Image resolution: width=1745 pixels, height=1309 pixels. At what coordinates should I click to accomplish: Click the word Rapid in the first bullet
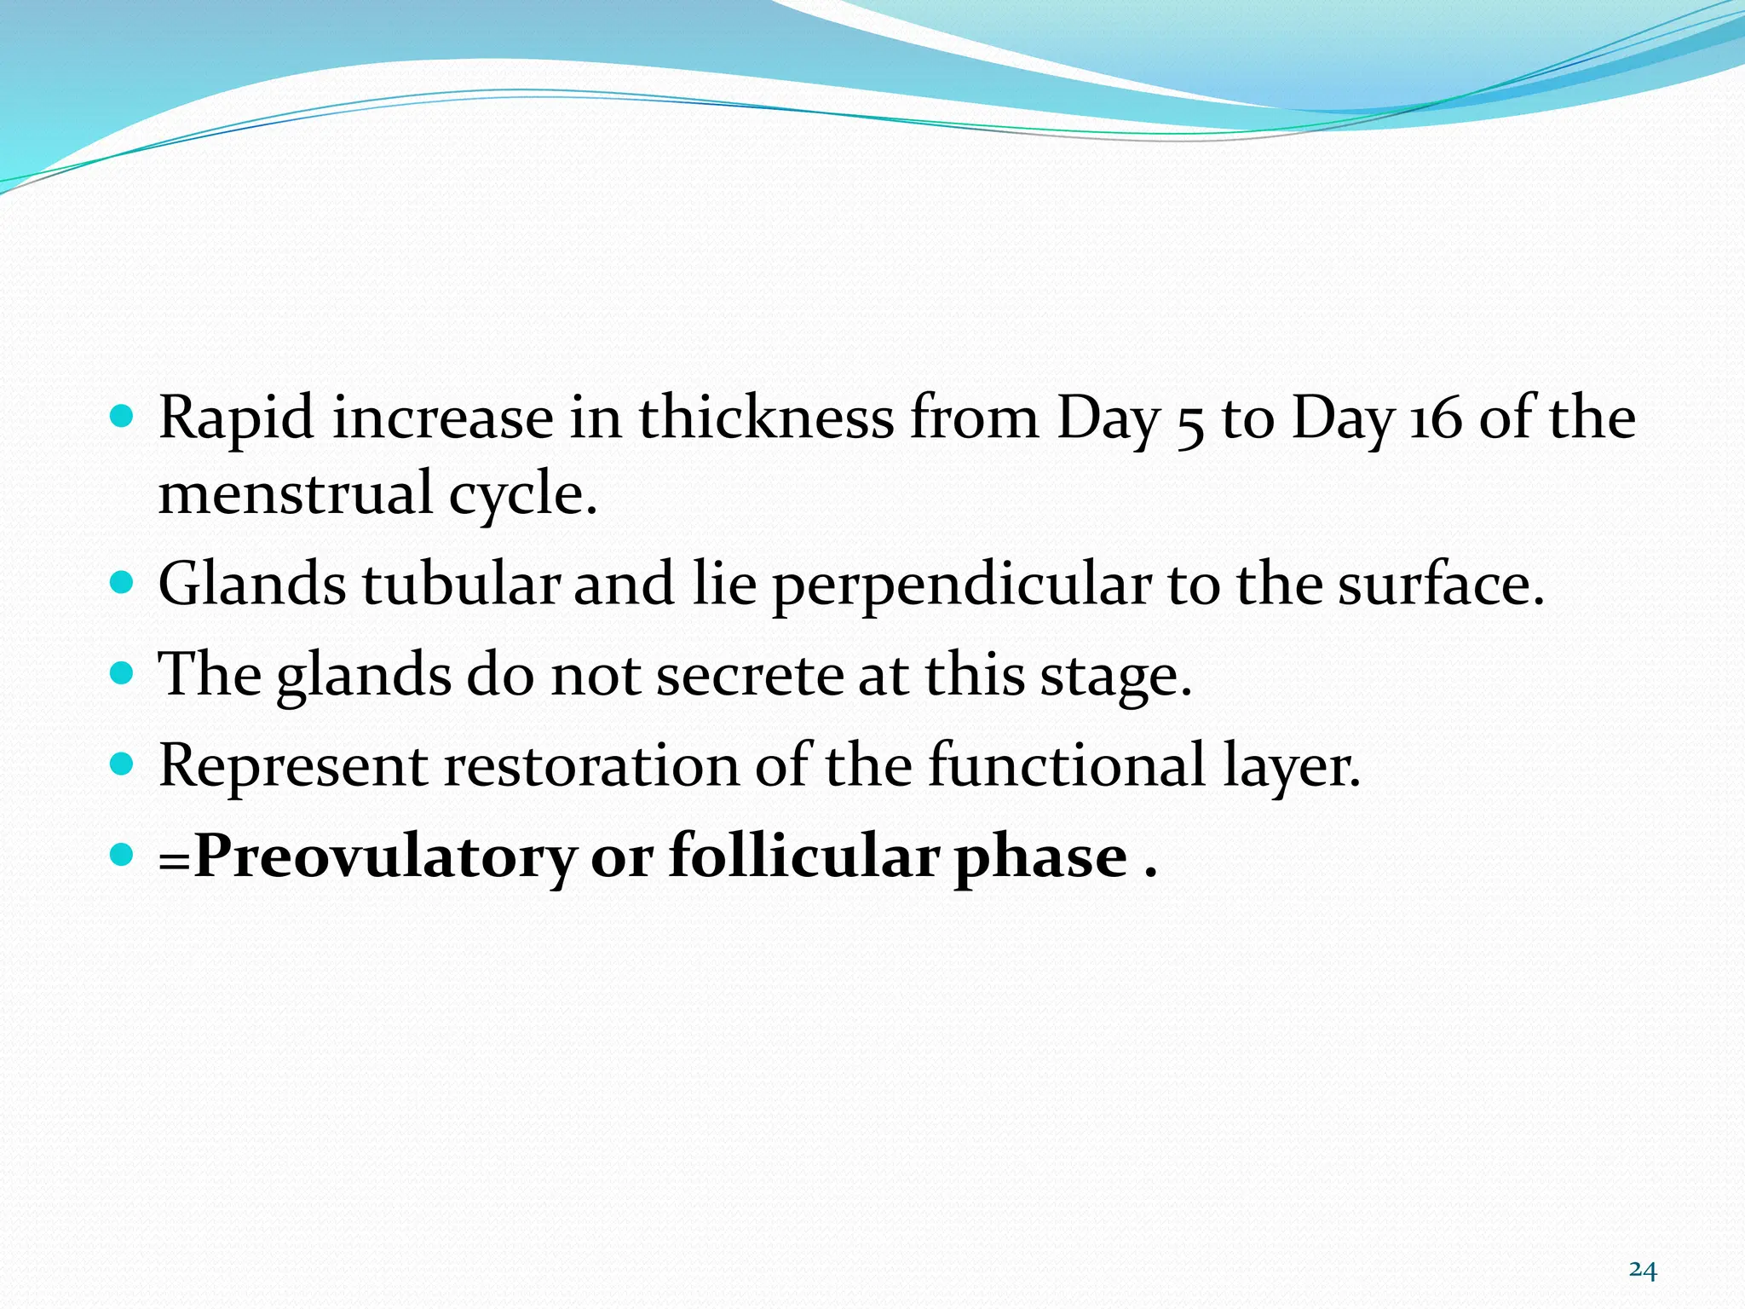236,419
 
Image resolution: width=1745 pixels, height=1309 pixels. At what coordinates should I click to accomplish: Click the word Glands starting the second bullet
252,585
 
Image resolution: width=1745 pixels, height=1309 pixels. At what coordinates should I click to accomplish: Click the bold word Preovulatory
385,856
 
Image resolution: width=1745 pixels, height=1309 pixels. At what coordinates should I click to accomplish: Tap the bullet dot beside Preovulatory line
123,854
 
